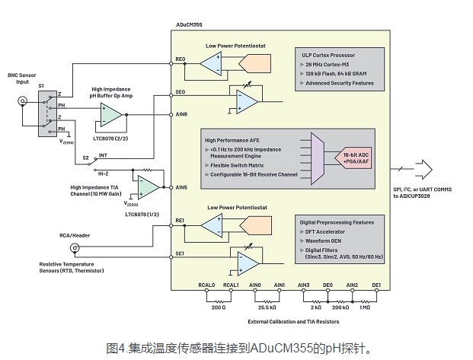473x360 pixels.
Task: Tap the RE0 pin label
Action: [x=181, y=58]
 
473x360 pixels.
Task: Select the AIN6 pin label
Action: [x=181, y=114]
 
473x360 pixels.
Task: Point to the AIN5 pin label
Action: [x=181, y=186]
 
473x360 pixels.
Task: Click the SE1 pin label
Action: [x=181, y=252]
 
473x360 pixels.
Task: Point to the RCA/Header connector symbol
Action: [x=75, y=247]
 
